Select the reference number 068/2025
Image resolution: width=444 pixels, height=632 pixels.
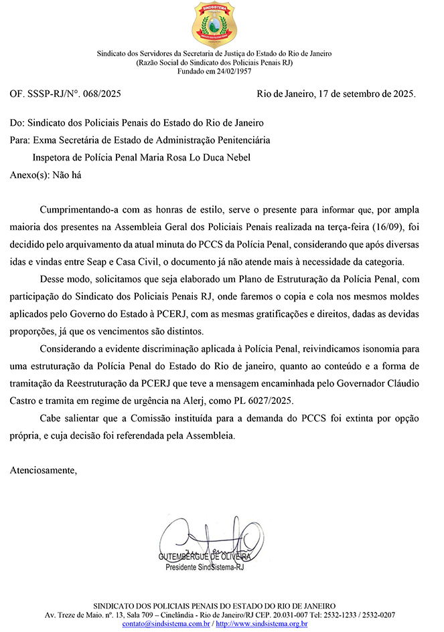(x=100, y=94)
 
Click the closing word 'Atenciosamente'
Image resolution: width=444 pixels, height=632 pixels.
(x=44, y=471)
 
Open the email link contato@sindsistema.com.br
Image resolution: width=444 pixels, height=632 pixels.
(x=166, y=623)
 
